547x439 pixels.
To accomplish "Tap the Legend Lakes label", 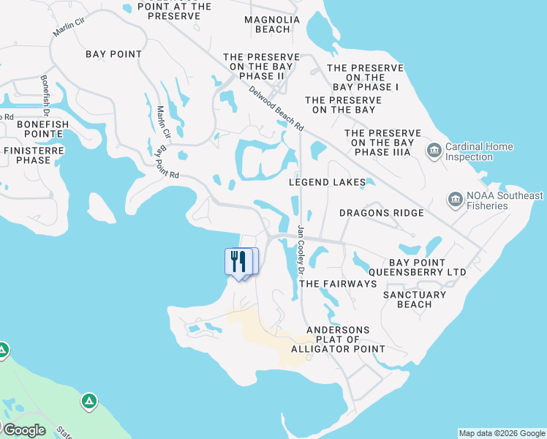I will tap(327, 181).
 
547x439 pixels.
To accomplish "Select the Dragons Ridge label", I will tap(381, 213).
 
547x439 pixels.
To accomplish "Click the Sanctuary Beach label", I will tap(415, 299).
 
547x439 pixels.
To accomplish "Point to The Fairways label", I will tap(338, 283).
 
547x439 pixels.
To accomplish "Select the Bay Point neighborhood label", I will tap(113, 54).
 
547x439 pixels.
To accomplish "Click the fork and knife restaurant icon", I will tap(238, 261).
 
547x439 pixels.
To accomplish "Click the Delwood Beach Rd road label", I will tap(276, 108).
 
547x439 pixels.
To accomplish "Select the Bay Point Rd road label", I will tap(166, 163).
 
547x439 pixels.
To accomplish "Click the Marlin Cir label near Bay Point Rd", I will tap(163, 122).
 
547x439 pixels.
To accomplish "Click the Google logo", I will tap(24, 429).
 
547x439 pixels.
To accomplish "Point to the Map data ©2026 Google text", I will tap(502, 433).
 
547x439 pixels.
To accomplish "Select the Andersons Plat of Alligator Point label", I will tap(338, 339).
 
